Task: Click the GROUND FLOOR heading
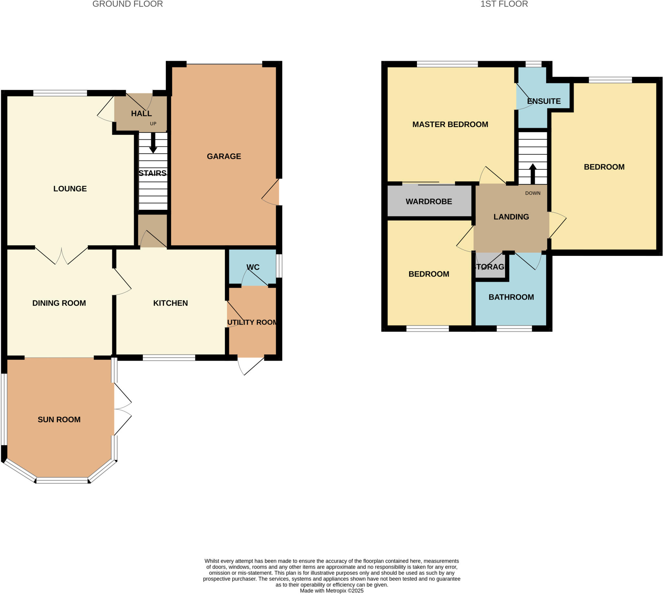[128, 4]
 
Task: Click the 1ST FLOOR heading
[504, 4]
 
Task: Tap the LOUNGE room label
[70, 188]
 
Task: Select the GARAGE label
[224, 156]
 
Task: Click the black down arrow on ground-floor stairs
[153, 143]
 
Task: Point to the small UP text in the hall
[153, 124]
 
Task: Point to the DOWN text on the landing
[533, 193]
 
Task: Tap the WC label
[253, 267]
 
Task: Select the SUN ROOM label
[59, 419]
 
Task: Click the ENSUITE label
[544, 101]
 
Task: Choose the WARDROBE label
[429, 201]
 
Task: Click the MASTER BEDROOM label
[450, 124]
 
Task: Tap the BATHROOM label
[511, 297]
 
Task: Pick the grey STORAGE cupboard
[490, 266]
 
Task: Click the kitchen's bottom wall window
[169, 358]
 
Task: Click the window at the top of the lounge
[60, 93]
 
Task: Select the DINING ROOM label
[59, 303]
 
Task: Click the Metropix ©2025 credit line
[331, 590]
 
